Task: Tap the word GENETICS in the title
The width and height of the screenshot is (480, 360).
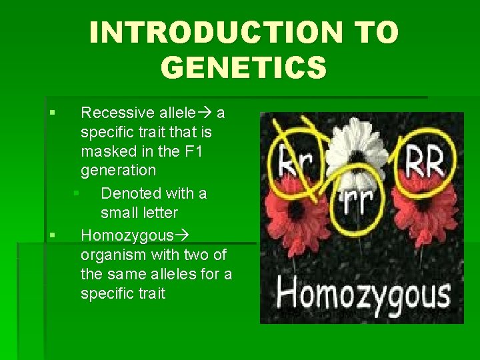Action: tap(244, 67)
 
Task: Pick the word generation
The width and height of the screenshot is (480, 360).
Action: tap(119, 171)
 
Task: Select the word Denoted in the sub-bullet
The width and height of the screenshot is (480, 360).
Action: tap(129, 193)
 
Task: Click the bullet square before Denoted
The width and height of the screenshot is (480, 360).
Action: tap(77, 193)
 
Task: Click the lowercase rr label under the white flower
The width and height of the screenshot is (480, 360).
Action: tap(357, 200)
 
